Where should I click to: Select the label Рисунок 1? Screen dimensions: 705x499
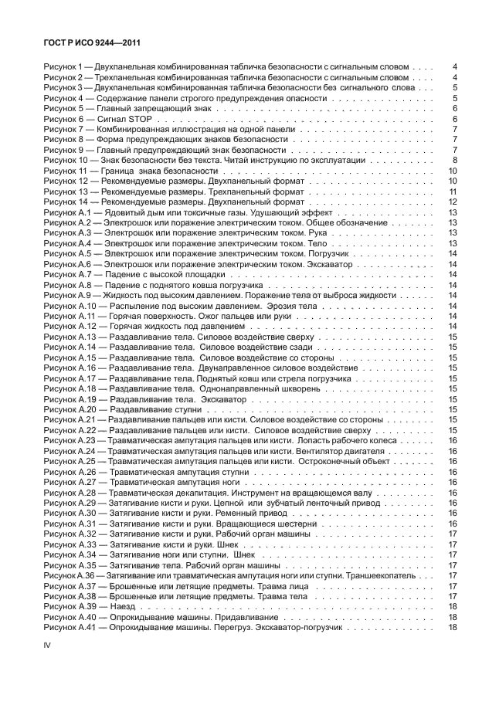[63, 66]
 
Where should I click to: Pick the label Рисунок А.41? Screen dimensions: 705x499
[69, 628]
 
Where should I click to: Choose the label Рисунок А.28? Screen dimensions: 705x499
[69, 493]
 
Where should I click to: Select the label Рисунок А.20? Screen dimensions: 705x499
[69, 409]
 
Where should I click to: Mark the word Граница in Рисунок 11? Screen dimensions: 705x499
[131, 171]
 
